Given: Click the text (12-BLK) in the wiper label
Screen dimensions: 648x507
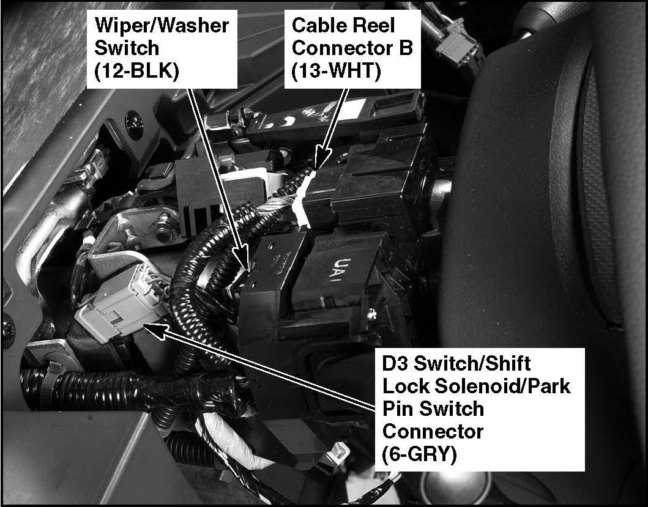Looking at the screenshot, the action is [137, 71].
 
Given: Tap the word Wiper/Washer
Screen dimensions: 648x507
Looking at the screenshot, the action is [162, 25].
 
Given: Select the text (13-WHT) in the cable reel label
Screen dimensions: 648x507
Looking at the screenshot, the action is [335, 71].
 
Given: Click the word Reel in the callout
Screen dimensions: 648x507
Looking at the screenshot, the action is [373, 25].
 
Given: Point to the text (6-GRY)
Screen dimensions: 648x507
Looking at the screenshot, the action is [420, 454].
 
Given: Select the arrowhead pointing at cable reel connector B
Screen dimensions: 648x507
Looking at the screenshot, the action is [321, 157].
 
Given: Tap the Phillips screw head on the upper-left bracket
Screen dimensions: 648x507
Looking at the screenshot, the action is [134, 120].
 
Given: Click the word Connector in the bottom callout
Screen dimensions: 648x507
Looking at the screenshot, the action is [433, 431].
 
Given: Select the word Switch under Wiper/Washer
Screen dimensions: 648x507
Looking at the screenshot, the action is [127, 48].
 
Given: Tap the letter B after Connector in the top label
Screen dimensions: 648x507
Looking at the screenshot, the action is [406, 48].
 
